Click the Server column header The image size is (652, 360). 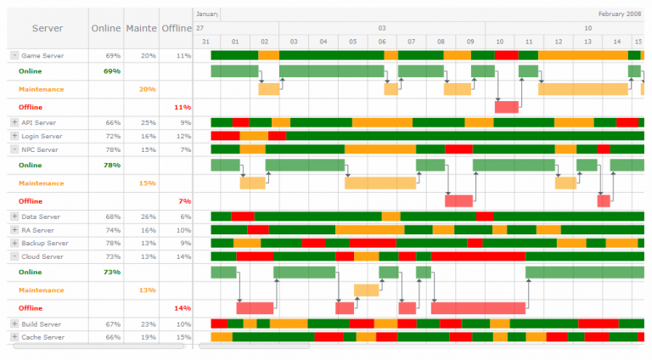coord(47,28)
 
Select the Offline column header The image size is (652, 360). coord(176,28)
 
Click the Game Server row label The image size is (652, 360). coord(42,55)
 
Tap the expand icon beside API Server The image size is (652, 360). coord(14,123)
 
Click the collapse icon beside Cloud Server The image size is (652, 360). coord(14,256)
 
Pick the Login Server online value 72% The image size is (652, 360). coord(112,136)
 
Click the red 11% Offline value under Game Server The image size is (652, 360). coord(182,108)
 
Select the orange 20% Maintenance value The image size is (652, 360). coord(147,89)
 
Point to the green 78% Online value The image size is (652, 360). coord(111,166)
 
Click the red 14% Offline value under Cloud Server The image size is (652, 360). coord(182,308)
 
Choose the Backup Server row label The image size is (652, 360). coord(44,244)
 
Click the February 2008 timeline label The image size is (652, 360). coord(620,14)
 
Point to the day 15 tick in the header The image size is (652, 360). coord(638,42)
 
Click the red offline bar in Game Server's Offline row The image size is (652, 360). coord(507,108)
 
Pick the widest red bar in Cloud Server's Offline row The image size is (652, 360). coord(478,308)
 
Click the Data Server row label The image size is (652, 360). coord(41,217)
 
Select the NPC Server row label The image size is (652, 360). coord(41,149)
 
